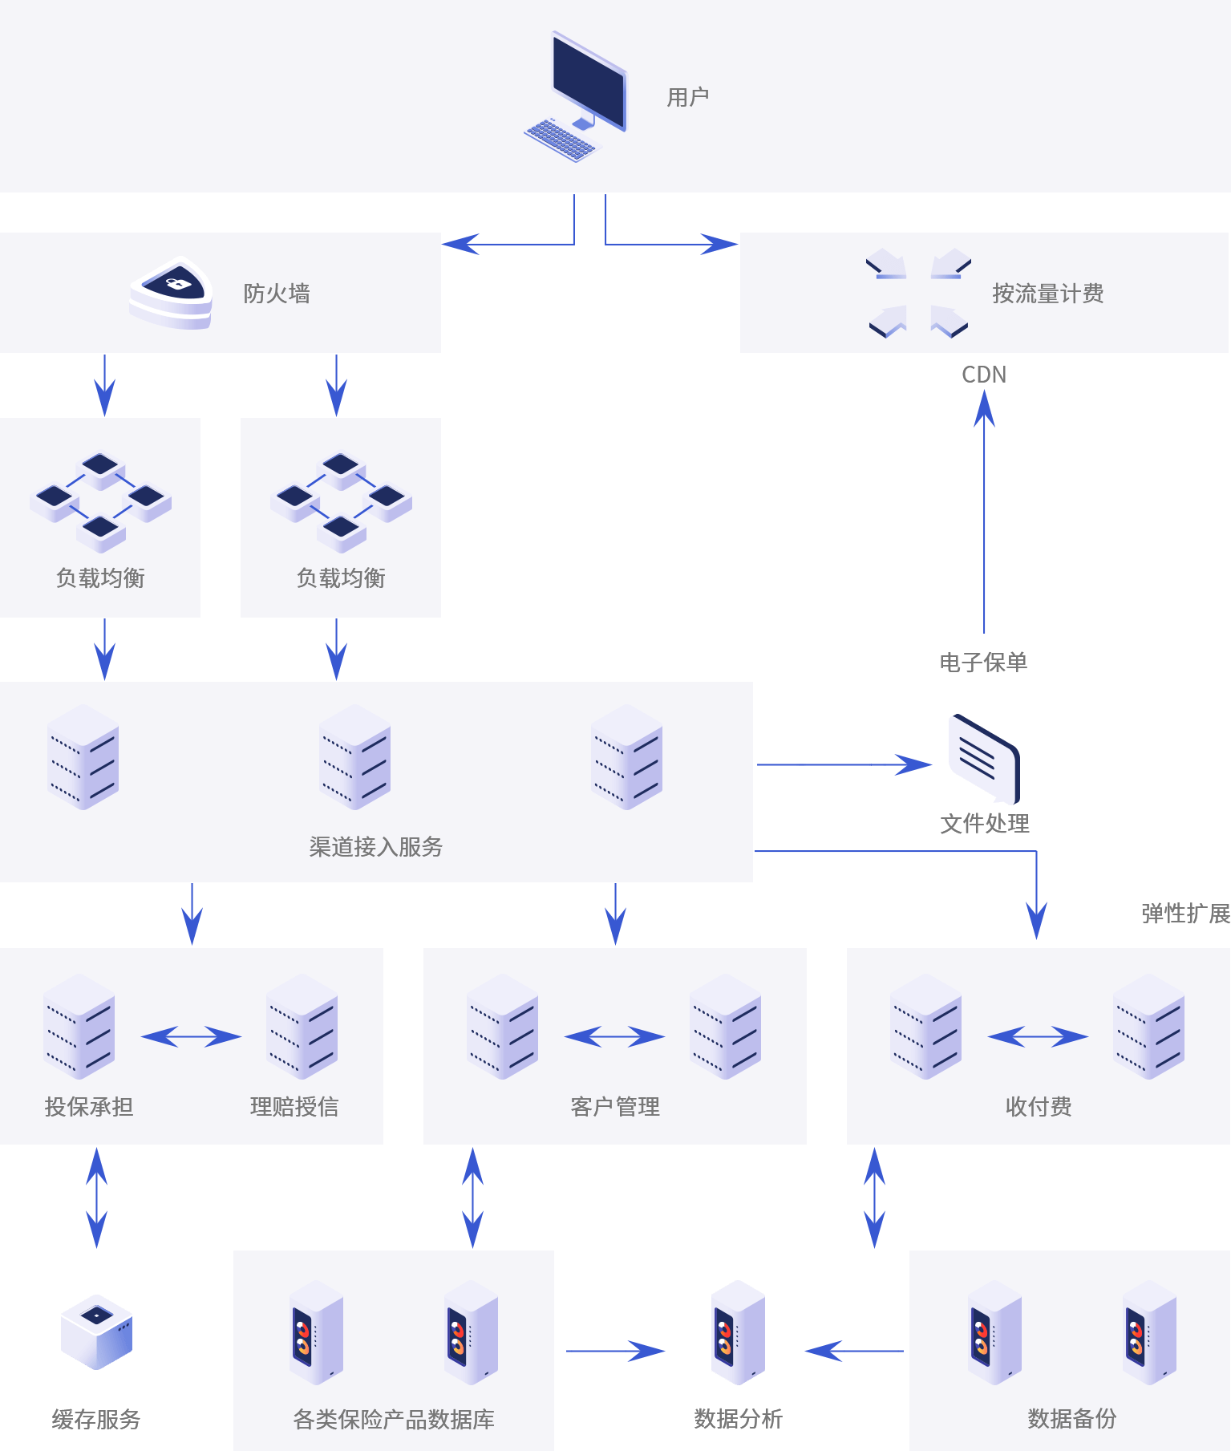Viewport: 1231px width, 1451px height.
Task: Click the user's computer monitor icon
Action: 588,83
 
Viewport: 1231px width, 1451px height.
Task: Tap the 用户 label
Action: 687,98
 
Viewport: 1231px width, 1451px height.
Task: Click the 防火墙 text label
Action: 277,294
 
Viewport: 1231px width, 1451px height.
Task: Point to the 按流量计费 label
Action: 1047,294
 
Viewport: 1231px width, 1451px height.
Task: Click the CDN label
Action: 984,375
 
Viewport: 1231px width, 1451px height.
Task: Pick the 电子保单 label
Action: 983,663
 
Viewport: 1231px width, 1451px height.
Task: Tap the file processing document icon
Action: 983,758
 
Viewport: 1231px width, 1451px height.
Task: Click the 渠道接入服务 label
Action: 376,847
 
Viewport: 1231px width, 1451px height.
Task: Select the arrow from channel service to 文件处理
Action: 842,764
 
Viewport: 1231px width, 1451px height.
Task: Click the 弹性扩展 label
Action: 1185,914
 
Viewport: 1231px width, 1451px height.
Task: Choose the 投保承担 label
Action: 89,1107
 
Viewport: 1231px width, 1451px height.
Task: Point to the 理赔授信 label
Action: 294,1107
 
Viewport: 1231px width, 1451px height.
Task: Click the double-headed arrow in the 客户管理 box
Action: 615,1036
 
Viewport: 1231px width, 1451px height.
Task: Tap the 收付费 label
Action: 1039,1107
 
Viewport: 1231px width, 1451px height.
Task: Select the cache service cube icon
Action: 97,1331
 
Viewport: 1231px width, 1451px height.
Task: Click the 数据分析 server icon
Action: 739,1332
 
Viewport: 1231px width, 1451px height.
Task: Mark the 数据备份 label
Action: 1072,1419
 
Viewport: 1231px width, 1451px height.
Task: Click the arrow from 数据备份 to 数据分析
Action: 855,1351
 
